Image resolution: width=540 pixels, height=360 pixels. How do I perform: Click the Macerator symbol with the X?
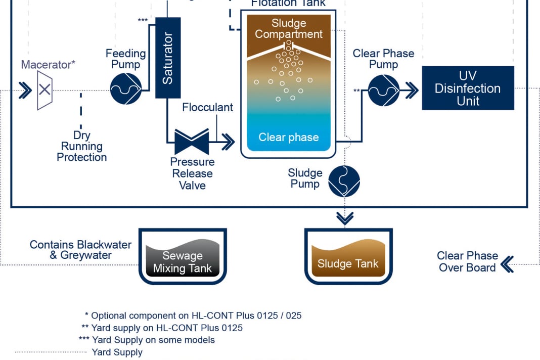click(x=44, y=90)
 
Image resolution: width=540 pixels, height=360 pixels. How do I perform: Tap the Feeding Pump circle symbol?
click(x=125, y=89)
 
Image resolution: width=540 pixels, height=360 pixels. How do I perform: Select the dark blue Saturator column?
click(x=167, y=58)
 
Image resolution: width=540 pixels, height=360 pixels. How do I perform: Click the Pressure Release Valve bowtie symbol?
click(x=192, y=142)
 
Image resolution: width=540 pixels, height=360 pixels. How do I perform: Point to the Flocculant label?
click(x=207, y=107)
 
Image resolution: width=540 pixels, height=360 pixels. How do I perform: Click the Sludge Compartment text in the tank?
click(x=288, y=29)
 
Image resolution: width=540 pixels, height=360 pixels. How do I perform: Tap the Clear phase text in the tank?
click(x=288, y=137)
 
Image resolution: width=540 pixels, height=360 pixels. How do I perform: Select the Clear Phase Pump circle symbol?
click(x=383, y=91)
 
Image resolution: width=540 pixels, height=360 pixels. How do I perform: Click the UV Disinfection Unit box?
click(x=468, y=88)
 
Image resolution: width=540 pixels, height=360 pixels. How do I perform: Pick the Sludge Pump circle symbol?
click(x=344, y=181)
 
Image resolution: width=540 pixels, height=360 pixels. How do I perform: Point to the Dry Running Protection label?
click(x=82, y=146)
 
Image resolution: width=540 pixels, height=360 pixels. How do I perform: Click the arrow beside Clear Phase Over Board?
click(x=507, y=263)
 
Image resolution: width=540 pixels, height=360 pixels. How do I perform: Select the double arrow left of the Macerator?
click(x=24, y=91)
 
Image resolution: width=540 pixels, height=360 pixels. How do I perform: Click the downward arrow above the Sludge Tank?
click(x=345, y=218)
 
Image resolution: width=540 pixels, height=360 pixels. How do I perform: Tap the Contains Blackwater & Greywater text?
click(x=74, y=250)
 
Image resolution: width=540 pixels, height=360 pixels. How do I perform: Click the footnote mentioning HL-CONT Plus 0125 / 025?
click(x=196, y=316)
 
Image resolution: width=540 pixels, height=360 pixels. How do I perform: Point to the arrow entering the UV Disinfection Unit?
click(x=411, y=91)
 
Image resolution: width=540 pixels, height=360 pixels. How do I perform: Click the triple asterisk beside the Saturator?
click(x=143, y=20)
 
